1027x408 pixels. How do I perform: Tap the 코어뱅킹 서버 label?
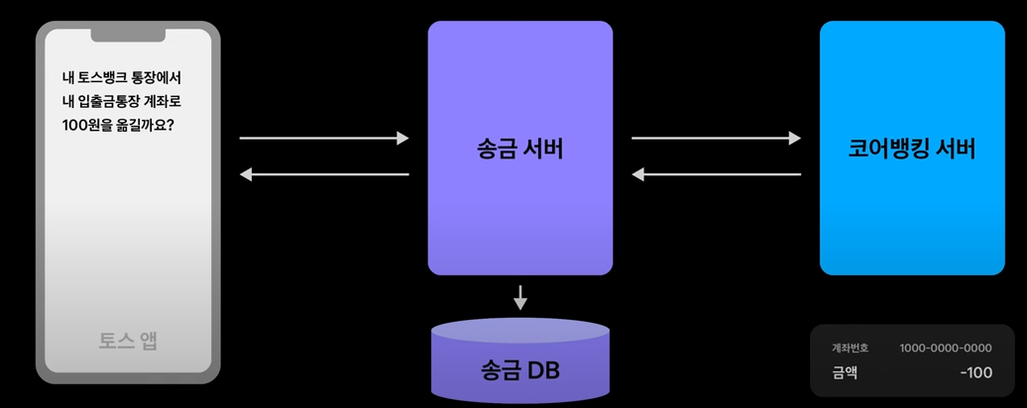(x=912, y=150)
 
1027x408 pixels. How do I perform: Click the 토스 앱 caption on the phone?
(x=128, y=342)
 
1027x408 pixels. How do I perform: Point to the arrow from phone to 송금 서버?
(x=324, y=139)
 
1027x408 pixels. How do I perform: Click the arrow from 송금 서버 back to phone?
(x=324, y=175)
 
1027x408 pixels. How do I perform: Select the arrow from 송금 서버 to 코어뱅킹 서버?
(x=716, y=139)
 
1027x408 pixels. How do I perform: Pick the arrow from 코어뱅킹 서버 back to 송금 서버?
(x=716, y=175)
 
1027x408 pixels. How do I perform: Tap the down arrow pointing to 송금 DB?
(x=520, y=297)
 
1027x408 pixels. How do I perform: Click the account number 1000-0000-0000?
(x=945, y=349)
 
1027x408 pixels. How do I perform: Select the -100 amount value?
(x=975, y=372)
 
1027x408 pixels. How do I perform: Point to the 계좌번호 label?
(x=850, y=349)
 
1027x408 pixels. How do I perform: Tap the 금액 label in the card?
(x=846, y=372)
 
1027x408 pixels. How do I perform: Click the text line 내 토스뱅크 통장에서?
(x=121, y=77)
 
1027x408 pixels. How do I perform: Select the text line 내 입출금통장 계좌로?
(x=122, y=102)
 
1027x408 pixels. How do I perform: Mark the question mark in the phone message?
(x=183, y=127)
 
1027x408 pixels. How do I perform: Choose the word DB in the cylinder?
(x=543, y=371)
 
